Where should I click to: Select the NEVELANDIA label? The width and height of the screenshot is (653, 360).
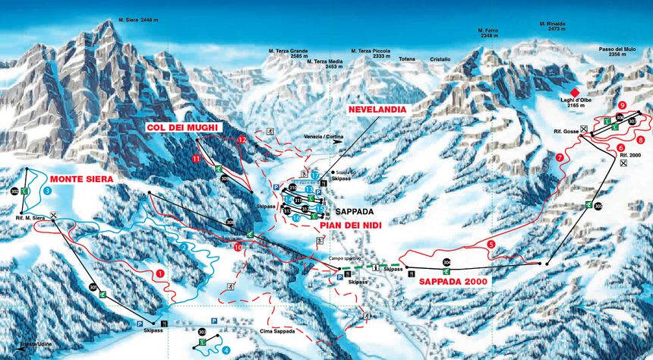(377, 109)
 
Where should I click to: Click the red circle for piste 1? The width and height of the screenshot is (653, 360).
(160, 273)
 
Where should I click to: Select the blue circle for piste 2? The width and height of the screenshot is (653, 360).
(183, 247)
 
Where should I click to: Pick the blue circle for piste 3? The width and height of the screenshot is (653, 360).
(47, 191)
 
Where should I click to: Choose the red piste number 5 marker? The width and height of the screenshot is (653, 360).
(491, 244)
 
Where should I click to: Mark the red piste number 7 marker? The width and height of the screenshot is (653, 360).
(560, 157)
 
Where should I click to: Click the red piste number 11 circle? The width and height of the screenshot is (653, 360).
(196, 159)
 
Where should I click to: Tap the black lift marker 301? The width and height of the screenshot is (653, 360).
(93, 287)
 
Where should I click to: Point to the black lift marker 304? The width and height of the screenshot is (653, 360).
(446, 263)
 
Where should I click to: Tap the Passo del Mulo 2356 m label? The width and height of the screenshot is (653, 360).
(617, 52)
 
